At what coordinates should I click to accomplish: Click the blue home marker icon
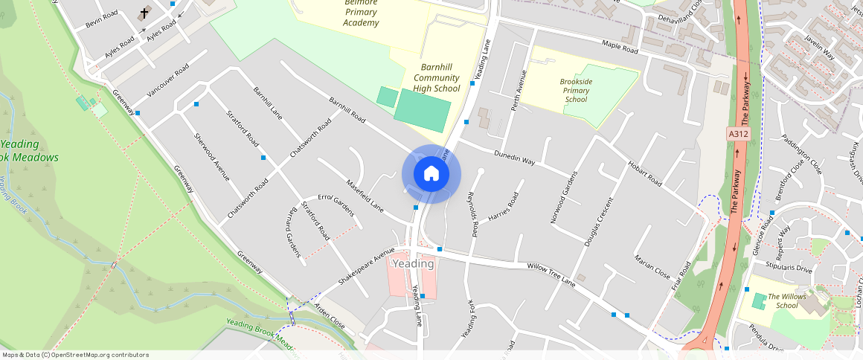431,174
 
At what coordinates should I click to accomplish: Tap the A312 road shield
738,134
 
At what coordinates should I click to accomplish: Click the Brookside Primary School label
576,90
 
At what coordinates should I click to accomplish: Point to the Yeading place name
413,264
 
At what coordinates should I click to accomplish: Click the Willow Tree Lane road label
551,274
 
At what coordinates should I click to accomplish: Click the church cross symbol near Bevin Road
144,13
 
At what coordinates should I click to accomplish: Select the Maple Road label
620,47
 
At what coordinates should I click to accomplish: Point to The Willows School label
787,300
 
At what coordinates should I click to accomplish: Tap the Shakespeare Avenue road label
365,267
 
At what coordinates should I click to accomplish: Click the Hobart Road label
644,173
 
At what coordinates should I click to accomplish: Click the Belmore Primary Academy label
361,13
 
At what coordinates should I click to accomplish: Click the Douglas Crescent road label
599,222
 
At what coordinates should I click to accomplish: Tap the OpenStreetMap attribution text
74,355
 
